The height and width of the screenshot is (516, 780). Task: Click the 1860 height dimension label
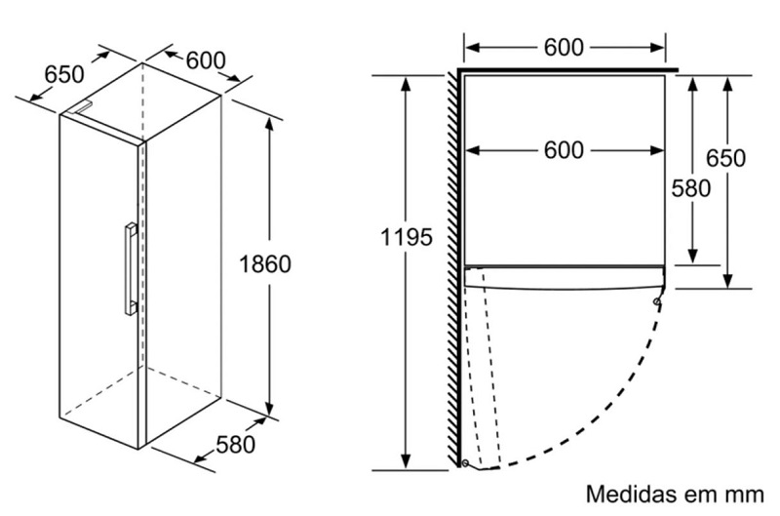tap(266, 263)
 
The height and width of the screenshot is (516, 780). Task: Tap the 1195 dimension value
tap(407, 237)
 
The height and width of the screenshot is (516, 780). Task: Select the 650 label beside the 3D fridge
tap(64, 73)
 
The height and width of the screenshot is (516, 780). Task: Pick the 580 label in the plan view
tap(691, 188)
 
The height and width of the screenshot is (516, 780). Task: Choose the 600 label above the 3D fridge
tap(206, 60)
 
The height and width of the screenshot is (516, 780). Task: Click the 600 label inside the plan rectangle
tap(565, 150)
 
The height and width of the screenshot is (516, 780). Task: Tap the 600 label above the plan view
tap(565, 46)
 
